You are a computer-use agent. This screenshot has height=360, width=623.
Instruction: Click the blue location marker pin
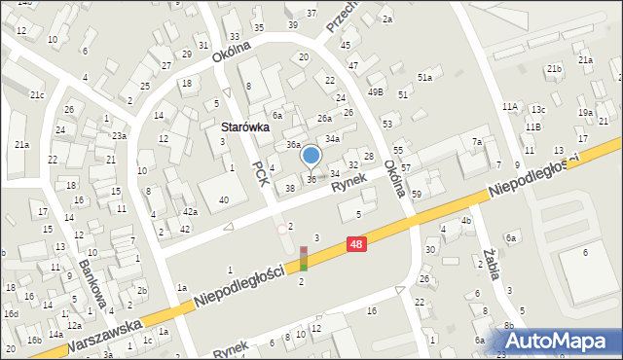311,156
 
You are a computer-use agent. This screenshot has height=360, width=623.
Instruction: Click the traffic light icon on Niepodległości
304,258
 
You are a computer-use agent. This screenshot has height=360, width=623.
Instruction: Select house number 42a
190,212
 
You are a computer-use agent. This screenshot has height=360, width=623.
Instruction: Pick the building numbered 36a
293,145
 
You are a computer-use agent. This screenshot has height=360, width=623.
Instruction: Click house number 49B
375,92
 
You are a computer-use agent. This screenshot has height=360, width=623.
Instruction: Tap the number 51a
424,77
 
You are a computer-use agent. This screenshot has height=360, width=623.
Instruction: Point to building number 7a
477,142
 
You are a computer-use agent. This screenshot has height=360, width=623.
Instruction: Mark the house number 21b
554,69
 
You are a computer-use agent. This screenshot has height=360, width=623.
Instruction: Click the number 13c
537,110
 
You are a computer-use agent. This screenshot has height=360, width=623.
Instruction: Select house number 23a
118,135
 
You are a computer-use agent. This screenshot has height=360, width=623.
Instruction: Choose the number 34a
332,139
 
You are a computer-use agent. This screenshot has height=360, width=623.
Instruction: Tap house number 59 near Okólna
417,195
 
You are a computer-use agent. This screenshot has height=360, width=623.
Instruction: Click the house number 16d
11,313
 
